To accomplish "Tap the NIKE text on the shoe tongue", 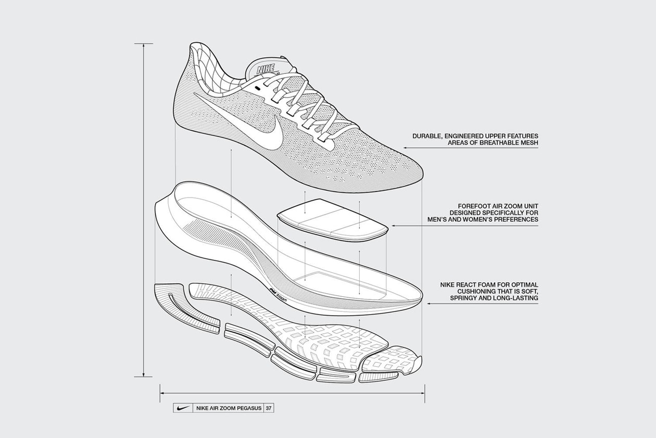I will (x=266, y=69).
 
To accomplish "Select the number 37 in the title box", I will (x=269, y=408).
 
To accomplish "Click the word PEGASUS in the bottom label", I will (x=249, y=408).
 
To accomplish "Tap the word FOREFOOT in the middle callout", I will (x=469, y=205).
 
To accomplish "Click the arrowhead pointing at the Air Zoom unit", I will (x=392, y=226).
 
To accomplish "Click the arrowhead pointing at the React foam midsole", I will (x=428, y=304).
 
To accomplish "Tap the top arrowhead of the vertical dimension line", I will (x=143, y=46).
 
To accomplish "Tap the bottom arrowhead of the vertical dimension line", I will (x=143, y=373).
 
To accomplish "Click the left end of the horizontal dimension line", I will (x=162, y=393).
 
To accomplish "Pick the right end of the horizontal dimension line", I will (x=423, y=393).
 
